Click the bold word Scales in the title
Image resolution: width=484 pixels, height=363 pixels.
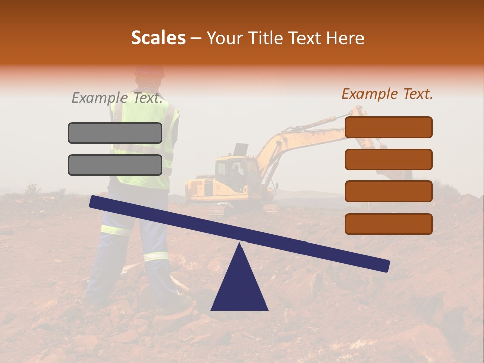tap(158, 38)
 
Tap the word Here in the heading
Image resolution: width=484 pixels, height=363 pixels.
tap(345, 38)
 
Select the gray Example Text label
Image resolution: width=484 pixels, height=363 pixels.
tap(117, 98)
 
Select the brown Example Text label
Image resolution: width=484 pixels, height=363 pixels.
tap(387, 94)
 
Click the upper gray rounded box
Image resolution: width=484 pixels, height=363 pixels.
tap(115, 133)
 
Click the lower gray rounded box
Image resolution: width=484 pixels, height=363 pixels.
tap(115, 165)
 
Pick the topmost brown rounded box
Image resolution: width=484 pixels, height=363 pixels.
tap(389, 127)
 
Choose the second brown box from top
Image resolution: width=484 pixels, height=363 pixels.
tap(389, 159)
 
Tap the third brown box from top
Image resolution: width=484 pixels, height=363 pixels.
tap(389, 192)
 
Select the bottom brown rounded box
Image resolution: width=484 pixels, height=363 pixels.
tap(389, 224)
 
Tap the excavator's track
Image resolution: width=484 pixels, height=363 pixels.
tap(222, 209)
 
